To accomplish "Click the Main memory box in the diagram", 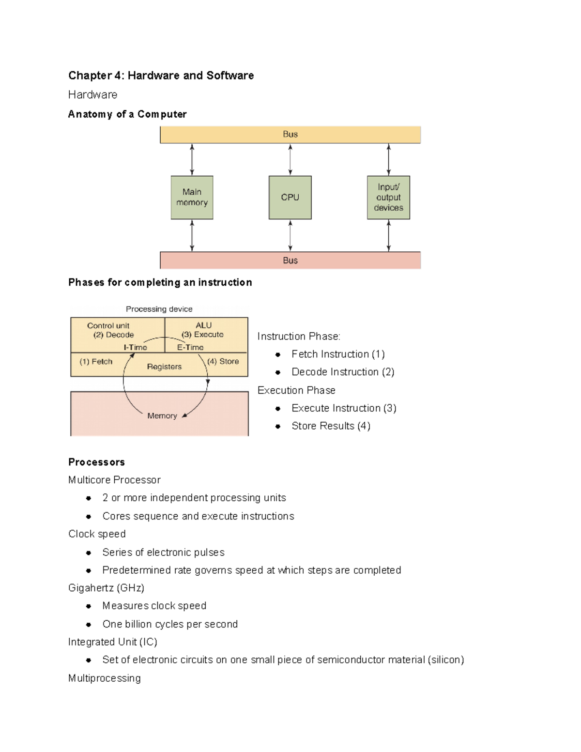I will [192, 198].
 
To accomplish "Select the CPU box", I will [290, 198].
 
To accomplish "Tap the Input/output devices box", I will [388, 198].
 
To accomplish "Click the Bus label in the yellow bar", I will [290, 134].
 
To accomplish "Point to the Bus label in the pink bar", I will [290, 261].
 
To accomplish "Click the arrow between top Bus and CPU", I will [290, 160].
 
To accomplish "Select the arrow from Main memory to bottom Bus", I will [192, 235].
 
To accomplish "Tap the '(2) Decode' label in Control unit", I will [113, 335].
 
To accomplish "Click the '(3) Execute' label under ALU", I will [202, 335].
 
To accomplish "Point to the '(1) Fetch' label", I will [96, 362].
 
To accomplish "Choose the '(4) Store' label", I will [223, 361].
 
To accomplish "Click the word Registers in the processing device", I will [164, 367].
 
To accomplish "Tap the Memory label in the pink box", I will [162, 416].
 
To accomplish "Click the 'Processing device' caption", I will [159, 309].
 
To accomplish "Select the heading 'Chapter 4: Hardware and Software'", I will [161, 76].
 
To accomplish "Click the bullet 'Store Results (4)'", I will [331, 426].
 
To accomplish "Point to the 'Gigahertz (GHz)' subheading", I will [106, 588].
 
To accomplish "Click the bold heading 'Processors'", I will [96, 462].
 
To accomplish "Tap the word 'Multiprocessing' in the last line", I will [104, 678].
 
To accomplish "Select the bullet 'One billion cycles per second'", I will [170, 624].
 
